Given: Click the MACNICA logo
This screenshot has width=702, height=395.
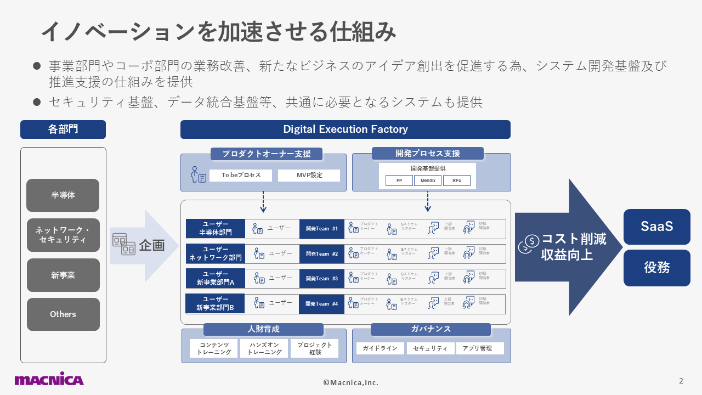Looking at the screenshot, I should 49,379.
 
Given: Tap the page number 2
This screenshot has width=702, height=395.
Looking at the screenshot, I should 681,381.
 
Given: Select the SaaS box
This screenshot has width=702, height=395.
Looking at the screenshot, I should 656,227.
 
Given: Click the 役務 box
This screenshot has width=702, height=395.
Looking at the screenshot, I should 656,268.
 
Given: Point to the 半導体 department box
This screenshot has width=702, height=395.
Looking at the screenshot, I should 63,195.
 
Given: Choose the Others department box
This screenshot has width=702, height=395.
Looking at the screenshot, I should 63,314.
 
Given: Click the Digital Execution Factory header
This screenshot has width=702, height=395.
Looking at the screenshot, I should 346,129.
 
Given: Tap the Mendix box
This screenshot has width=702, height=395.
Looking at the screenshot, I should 428,180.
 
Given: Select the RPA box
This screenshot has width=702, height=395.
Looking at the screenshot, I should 456,180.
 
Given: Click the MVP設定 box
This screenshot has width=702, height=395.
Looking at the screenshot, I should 309,176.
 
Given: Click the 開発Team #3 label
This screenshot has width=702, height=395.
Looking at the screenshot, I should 321,279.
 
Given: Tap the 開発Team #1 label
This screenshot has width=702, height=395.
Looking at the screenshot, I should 321,229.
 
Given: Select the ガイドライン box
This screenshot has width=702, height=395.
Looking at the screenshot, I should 380,348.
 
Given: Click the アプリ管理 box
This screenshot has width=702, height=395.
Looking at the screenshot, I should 479,348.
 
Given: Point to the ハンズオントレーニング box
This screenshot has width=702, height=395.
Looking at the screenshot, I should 264,348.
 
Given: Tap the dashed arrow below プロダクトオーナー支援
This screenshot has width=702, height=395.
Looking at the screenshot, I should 263,201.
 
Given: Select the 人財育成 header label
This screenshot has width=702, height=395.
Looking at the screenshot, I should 263,329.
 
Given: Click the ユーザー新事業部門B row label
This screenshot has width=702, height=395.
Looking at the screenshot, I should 215,303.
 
